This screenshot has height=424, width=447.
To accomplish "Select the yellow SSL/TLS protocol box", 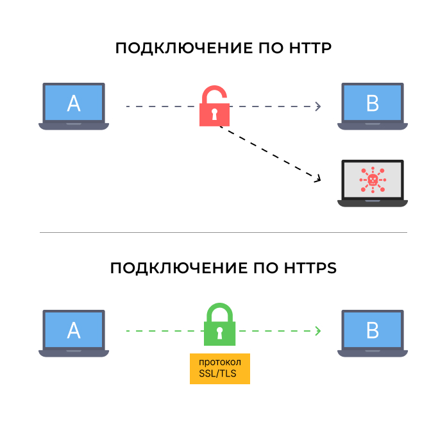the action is (220, 369).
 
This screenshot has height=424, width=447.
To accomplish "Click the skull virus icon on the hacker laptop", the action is (373, 180).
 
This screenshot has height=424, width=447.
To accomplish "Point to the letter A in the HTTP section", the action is (74, 103).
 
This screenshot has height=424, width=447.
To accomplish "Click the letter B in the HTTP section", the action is (373, 103).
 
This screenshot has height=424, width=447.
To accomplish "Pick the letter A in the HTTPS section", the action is (74, 330).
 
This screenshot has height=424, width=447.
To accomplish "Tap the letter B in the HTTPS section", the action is (373, 330).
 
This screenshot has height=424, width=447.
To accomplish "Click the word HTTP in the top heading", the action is (310, 48).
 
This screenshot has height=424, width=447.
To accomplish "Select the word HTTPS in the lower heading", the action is (310, 268).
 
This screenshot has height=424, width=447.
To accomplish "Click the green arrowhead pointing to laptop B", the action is (318, 331).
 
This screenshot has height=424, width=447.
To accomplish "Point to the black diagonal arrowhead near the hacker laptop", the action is (318, 178).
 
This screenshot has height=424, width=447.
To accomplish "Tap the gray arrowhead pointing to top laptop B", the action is (318, 106).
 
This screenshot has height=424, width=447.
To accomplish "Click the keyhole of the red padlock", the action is (214, 114).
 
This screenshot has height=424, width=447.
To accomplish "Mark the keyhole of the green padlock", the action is (219, 333).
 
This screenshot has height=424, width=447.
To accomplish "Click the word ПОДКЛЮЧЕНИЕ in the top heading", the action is (184, 49).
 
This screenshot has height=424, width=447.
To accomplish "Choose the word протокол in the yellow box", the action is (220, 362).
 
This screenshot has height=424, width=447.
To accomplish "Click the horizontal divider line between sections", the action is (223, 232).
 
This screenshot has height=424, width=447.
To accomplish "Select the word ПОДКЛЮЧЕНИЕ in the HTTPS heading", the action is (179, 269).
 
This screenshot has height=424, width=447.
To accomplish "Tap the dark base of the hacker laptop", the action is (373, 203).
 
